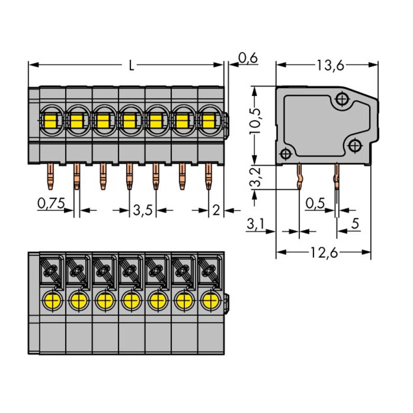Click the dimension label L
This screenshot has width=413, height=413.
pyautogui.click(x=131, y=66)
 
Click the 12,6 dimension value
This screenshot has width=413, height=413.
pyautogui.click(x=324, y=252)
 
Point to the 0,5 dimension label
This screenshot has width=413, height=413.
pyautogui.click(x=315, y=203)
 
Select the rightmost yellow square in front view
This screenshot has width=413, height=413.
pyautogui.click(x=209, y=121)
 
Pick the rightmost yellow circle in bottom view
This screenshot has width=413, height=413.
pyautogui.click(x=210, y=301)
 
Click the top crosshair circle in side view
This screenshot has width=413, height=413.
pyautogui.click(x=342, y=99)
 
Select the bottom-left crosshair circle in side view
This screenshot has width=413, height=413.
pyautogui.click(x=285, y=154)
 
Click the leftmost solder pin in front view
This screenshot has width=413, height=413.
pyautogui.click(x=50, y=176)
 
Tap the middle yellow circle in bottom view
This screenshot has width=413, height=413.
pyautogui.click(x=131, y=301)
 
